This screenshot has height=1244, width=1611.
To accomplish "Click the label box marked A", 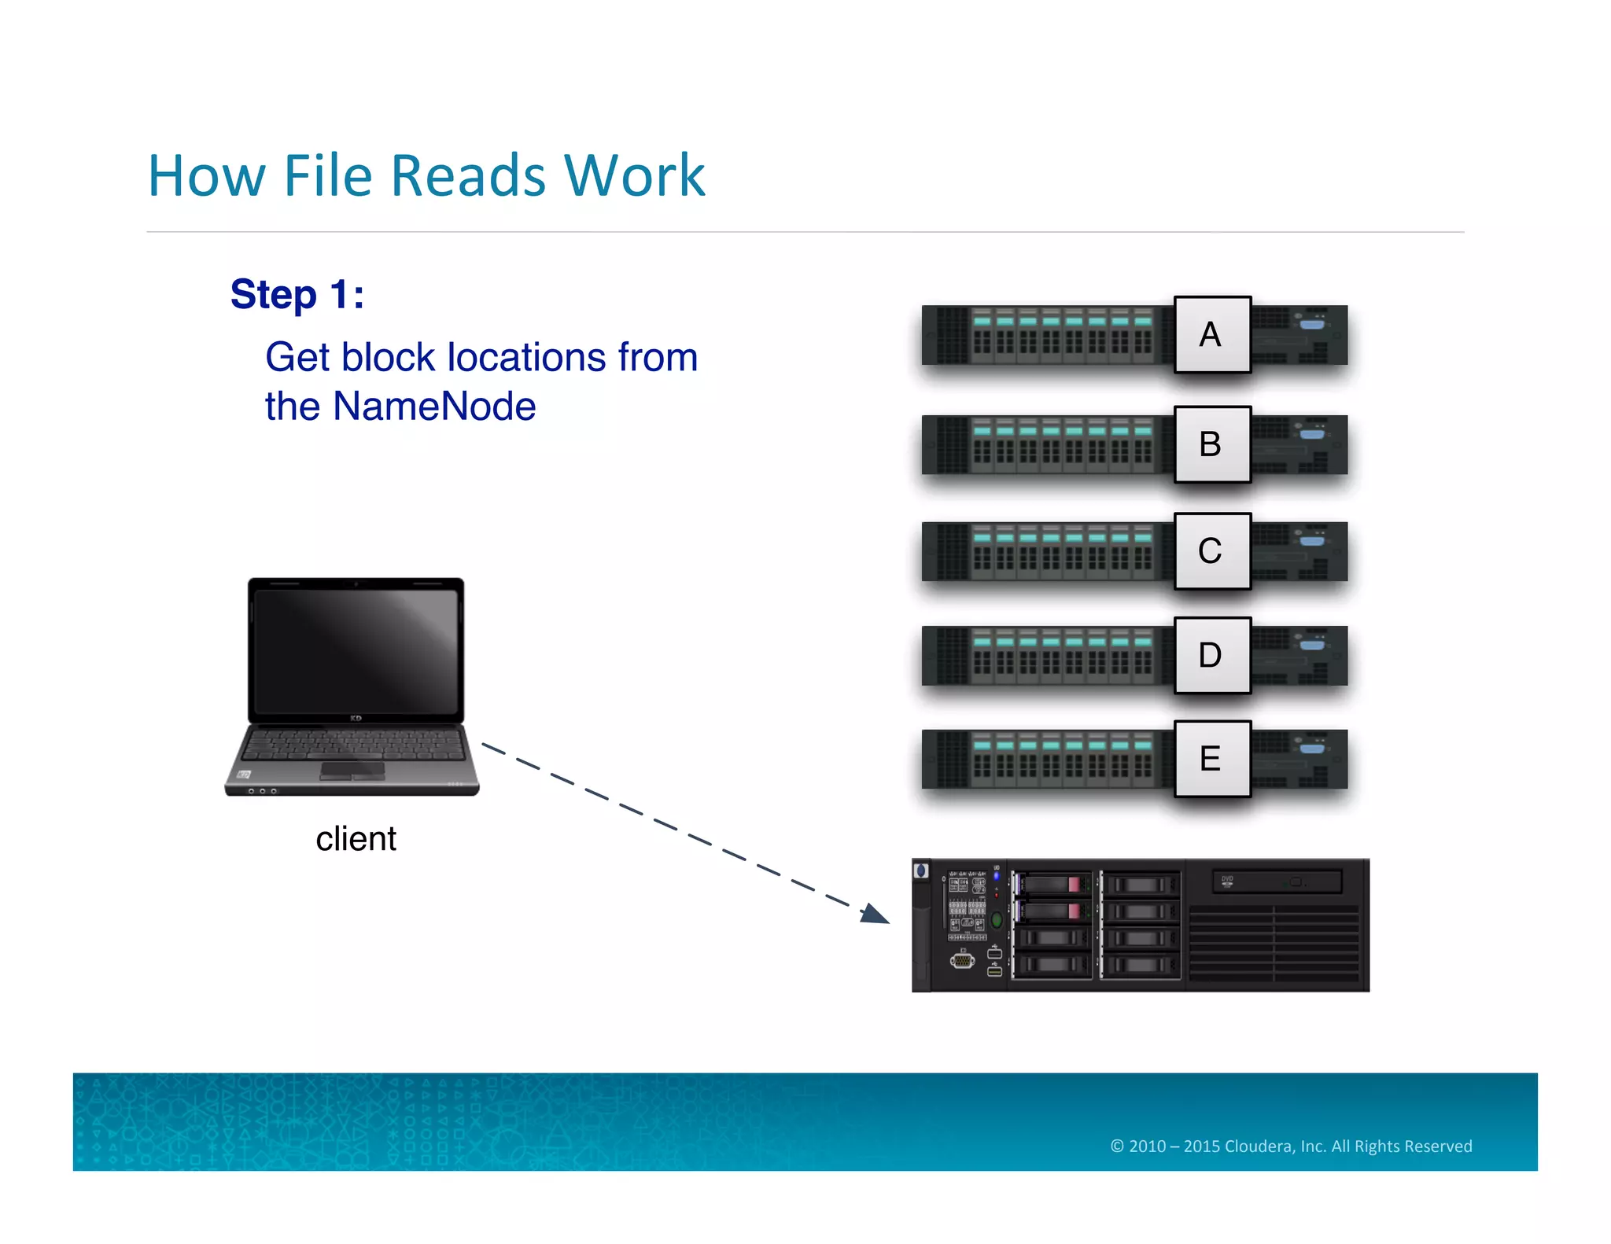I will [x=1211, y=334].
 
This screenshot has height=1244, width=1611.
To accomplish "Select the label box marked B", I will [x=1211, y=444].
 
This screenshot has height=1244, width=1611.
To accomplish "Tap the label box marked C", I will [x=1211, y=550].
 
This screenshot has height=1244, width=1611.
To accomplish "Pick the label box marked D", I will [x=1211, y=655].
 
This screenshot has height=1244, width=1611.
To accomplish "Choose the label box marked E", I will [x=1211, y=759].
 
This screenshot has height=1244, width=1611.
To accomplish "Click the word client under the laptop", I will [x=356, y=839].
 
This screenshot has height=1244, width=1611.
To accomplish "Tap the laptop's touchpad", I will [x=352, y=771].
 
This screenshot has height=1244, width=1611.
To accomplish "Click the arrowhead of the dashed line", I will [x=876, y=915].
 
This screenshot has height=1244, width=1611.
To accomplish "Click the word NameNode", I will [x=434, y=407].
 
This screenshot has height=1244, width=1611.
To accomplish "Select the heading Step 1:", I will [x=297, y=295].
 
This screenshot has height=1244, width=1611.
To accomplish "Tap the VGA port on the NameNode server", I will [x=962, y=960].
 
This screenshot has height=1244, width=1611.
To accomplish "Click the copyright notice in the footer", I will [x=1291, y=1146].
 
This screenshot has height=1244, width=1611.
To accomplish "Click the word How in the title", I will [x=207, y=175].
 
